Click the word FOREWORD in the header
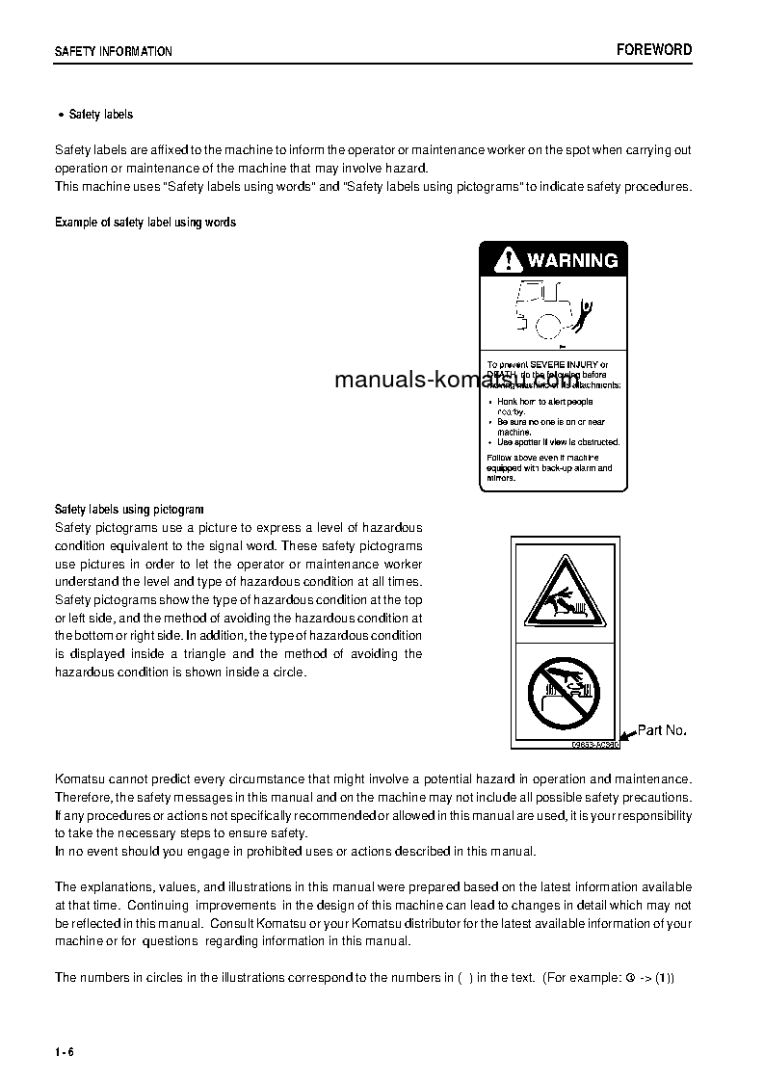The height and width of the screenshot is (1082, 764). click(654, 50)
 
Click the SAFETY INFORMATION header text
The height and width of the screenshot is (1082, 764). click(113, 52)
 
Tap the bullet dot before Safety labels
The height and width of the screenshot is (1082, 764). click(62, 115)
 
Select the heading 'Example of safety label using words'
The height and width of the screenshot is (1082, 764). click(145, 223)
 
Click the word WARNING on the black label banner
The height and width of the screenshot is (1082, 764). click(572, 260)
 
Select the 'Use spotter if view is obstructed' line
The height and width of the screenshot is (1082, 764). click(558, 442)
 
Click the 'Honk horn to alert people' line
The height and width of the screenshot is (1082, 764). click(544, 402)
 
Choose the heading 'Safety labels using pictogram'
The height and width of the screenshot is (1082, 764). click(129, 509)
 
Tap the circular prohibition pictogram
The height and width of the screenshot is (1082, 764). click(564, 693)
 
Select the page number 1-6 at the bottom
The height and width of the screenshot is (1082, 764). click(65, 1050)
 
